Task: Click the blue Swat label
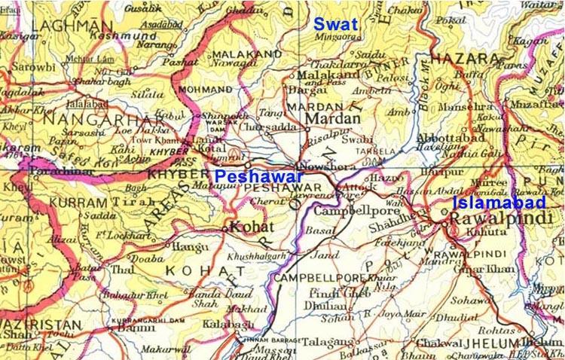(x=337, y=25)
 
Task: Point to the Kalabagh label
(x=243, y=324)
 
